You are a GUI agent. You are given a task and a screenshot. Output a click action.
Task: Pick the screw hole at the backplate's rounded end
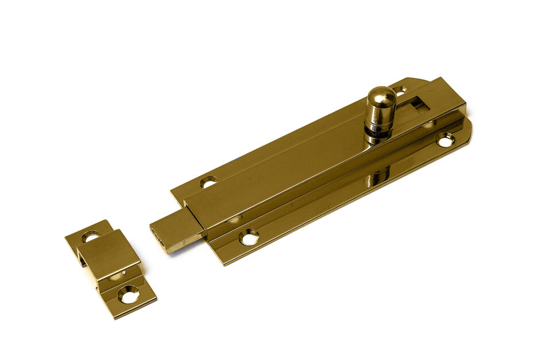pyautogui.click(x=445, y=139)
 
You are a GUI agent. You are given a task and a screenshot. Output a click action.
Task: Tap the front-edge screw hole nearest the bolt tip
pyautogui.click(x=249, y=236)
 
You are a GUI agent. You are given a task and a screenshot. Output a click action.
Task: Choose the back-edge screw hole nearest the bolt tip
pyautogui.click(x=209, y=182)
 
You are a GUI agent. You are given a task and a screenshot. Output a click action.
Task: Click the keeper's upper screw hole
pyautogui.click(x=90, y=235)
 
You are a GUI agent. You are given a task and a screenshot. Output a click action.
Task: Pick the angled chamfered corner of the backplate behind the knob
pyautogui.click(x=419, y=81)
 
